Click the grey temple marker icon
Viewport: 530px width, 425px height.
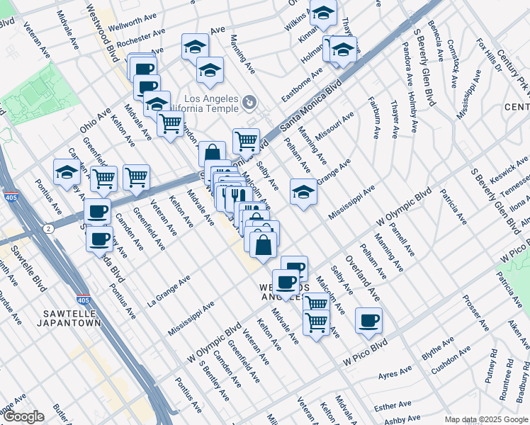click(x=249, y=103)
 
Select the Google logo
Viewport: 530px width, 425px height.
click(x=23, y=416)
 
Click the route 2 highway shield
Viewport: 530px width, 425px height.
click(x=47, y=229)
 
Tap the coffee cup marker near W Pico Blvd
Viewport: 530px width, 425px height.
click(x=368, y=319)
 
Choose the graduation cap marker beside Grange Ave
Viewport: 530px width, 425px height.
click(x=303, y=191)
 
